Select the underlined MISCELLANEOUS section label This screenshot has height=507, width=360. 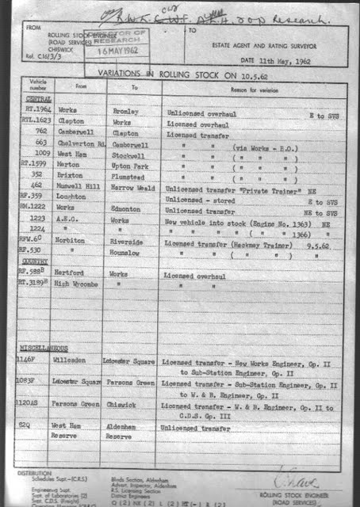tap(43, 349)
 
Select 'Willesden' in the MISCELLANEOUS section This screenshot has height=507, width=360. tap(76, 360)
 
